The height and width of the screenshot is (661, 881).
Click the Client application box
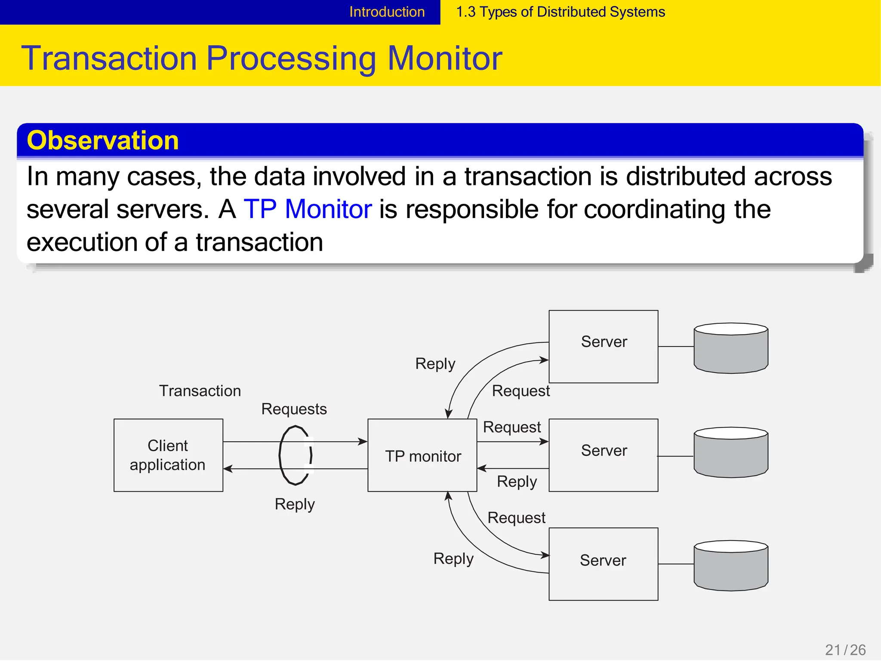coord(168,455)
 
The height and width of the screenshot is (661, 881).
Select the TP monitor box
coord(422,455)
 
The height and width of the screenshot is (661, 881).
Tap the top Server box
coord(604,347)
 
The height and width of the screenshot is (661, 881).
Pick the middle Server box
coord(604,455)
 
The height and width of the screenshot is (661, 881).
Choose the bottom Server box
coord(604,564)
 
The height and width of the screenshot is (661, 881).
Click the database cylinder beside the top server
coord(731,348)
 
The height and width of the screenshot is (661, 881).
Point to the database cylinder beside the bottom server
coord(731,566)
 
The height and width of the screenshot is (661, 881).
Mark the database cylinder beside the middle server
coord(731,452)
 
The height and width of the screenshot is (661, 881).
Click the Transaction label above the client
coord(200,391)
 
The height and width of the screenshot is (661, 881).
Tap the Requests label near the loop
coord(294,409)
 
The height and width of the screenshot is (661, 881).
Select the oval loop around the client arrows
coord(281,455)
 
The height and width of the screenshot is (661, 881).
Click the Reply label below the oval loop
coord(295,504)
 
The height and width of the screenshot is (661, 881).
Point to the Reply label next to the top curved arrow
coord(435,364)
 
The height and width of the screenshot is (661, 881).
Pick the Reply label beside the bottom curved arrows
coord(453,559)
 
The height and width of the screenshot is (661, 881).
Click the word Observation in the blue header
coord(102,140)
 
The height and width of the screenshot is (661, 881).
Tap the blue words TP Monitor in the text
coord(308,209)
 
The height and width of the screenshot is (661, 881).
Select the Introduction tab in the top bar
coord(387,12)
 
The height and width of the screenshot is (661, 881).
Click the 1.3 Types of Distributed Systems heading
coord(560,12)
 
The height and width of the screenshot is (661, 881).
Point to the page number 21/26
coord(845,649)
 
